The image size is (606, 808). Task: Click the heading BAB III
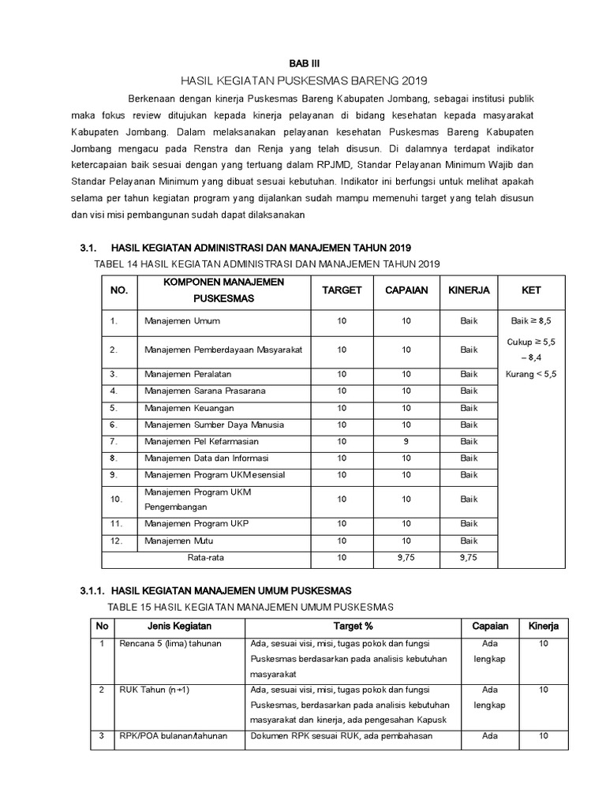tap(303, 62)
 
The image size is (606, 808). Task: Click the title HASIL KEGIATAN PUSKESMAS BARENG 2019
tap(303, 80)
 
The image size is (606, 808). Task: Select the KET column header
tap(531, 290)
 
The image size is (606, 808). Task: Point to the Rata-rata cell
tap(201, 558)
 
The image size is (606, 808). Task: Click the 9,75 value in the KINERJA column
tap(469, 558)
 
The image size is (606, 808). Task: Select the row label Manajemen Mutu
tap(179, 541)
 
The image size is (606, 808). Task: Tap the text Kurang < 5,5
tap(531, 375)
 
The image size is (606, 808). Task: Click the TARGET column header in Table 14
tap(342, 290)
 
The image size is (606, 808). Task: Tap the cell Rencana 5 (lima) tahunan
tap(170, 644)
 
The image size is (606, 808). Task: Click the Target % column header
tap(353, 627)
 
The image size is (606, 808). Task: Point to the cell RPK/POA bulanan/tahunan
tap(173, 736)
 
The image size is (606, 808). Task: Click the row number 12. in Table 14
tap(117, 541)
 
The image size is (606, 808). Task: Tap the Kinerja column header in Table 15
tap(543, 627)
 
